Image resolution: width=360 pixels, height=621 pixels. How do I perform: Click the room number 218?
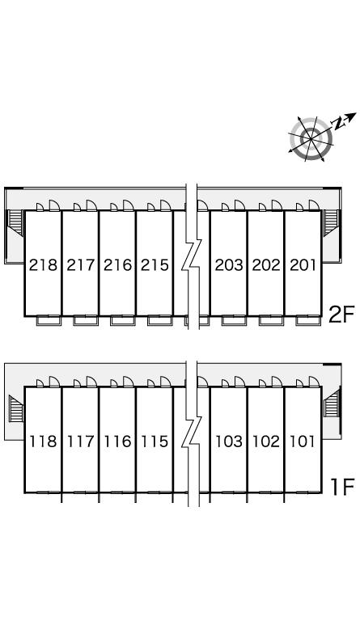tap(43, 265)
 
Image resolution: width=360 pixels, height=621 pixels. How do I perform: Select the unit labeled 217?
tap(81, 265)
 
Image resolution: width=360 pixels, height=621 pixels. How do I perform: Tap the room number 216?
tap(117, 265)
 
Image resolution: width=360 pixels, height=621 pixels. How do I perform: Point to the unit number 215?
tap(155, 265)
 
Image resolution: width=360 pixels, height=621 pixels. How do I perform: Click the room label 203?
tap(229, 265)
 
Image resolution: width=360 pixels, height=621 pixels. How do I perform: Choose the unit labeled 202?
tap(266, 265)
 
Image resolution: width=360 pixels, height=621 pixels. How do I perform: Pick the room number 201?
tap(303, 265)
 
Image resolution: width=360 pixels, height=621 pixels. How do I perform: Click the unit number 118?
tap(43, 441)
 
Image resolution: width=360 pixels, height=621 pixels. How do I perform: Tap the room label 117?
tap(81, 441)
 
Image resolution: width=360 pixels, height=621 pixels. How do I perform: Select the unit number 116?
tap(117, 441)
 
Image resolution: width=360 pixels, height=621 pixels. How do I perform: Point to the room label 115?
tap(155, 441)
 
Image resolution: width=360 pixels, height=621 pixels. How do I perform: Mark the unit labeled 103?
tap(229, 441)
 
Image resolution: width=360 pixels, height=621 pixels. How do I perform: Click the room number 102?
tap(266, 441)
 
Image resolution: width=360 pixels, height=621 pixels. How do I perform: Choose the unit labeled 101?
tap(303, 441)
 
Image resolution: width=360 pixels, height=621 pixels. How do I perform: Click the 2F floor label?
tap(341, 315)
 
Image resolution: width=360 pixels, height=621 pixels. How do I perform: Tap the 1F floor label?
tap(342, 487)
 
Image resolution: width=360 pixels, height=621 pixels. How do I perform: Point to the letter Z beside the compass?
tap(338, 123)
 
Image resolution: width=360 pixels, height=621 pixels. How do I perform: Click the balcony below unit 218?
tap(49, 320)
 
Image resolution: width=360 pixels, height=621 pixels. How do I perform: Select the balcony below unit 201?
tap(308, 320)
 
